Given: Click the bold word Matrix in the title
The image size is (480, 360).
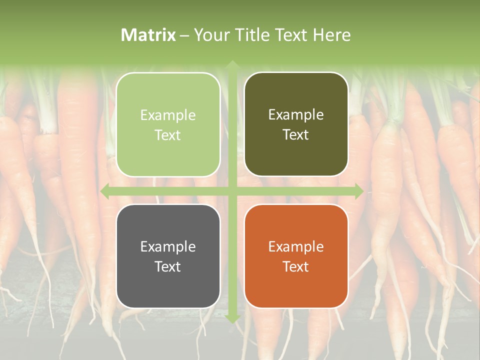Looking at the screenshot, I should (x=148, y=35).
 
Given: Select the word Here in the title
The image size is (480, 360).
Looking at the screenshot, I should (x=331, y=35).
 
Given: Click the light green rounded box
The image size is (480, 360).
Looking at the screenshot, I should (x=168, y=124).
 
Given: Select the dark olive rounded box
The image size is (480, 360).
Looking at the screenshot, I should (x=296, y=124).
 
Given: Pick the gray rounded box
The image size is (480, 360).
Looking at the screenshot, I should (x=168, y=256).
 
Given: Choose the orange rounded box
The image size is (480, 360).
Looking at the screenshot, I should (x=296, y=256).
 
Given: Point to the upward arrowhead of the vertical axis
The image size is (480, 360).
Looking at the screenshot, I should (x=232, y=65).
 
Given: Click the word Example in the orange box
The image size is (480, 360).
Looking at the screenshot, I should (x=296, y=246).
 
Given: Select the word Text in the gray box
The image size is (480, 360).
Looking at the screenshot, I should (x=168, y=266).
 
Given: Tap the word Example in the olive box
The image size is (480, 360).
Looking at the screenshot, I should (x=296, y=115).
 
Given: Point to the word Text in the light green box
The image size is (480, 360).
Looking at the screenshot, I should (x=168, y=135).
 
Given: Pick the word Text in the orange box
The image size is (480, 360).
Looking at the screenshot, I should (x=296, y=266).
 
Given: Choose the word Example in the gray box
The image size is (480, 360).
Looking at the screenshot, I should (x=168, y=246).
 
